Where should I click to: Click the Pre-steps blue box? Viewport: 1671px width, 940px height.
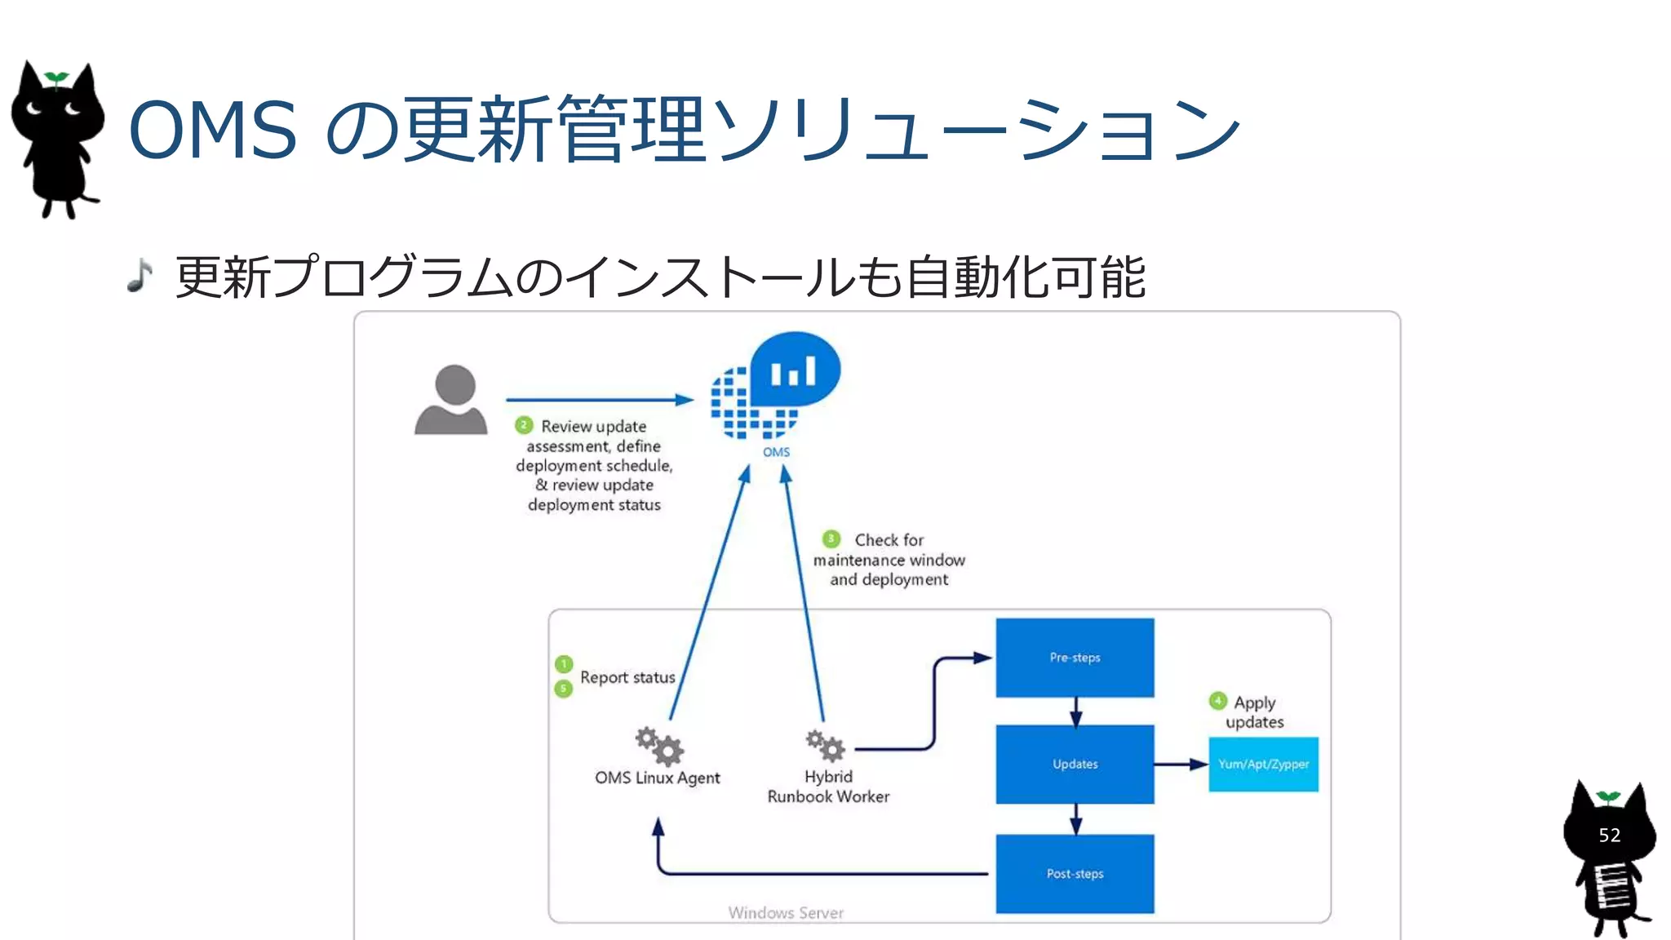(x=1075, y=658)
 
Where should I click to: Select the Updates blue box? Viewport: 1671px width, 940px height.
(x=1075, y=764)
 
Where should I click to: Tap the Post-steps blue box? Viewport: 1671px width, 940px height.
(x=1075, y=873)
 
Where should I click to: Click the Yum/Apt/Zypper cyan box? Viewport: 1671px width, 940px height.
(x=1263, y=765)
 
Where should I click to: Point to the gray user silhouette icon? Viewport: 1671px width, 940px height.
(x=451, y=399)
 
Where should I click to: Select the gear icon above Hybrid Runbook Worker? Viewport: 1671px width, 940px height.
(x=825, y=744)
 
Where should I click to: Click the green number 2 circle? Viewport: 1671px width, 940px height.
(x=524, y=425)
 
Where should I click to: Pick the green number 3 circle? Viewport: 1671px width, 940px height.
(x=831, y=539)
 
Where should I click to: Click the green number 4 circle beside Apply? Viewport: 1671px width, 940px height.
(x=1217, y=701)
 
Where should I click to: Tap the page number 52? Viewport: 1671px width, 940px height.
(x=1609, y=835)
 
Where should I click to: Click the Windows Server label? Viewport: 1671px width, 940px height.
(x=786, y=912)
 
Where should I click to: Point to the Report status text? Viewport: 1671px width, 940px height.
(x=627, y=677)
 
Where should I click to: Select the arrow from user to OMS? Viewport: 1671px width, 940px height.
(x=600, y=400)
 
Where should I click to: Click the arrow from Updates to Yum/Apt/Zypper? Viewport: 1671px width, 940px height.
(x=1181, y=765)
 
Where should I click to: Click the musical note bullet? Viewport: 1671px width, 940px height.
(x=140, y=276)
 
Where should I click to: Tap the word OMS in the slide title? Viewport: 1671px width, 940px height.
(x=213, y=131)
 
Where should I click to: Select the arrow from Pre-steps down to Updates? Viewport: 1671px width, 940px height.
(x=1075, y=712)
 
